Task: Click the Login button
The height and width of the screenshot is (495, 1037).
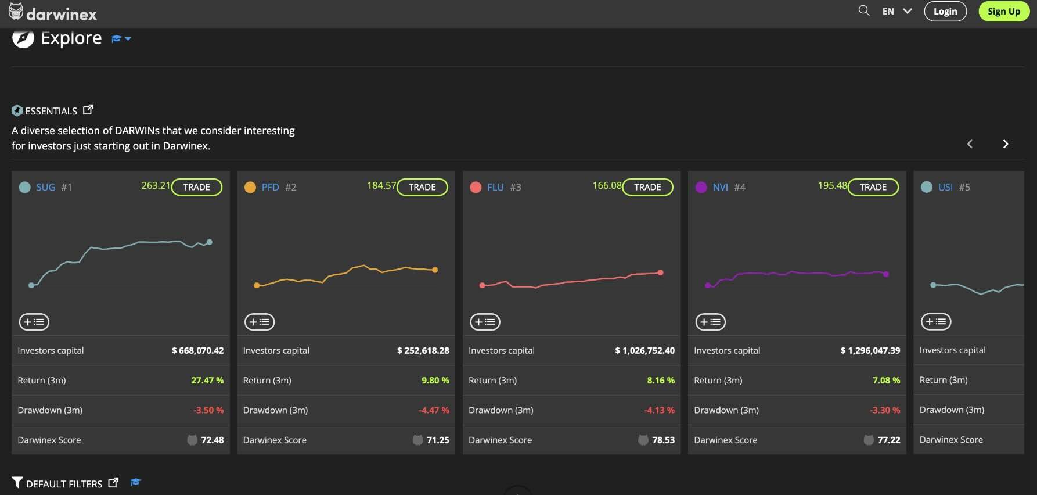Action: (x=945, y=11)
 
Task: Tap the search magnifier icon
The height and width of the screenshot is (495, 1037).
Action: (x=864, y=10)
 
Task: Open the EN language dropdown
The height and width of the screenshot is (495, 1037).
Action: (x=896, y=11)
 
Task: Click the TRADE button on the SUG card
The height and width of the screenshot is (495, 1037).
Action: (x=197, y=187)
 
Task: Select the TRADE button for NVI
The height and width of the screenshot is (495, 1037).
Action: (x=873, y=187)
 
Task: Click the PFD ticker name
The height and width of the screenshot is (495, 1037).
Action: (x=270, y=187)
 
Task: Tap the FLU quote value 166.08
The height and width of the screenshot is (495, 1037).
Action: (x=606, y=185)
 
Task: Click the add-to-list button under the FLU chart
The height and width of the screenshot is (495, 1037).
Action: (x=485, y=322)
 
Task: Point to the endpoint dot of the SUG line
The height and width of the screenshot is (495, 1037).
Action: (x=210, y=242)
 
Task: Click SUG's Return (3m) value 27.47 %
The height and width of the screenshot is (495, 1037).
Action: (x=207, y=381)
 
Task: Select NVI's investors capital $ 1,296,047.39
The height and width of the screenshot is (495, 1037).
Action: (x=870, y=350)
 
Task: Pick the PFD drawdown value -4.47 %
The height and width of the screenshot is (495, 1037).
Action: (x=434, y=410)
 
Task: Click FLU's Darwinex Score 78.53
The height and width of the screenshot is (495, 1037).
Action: (x=663, y=440)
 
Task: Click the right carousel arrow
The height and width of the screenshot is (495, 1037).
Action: (x=1006, y=144)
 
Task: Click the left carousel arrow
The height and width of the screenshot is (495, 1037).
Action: (x=970, y=144)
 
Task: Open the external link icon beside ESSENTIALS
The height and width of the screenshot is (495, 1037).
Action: (x=88, y=110)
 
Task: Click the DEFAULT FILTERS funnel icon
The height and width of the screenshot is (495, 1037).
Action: (x=17, y=483)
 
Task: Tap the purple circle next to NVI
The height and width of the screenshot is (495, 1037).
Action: (x=701, y=187)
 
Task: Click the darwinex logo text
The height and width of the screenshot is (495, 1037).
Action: (x=61, y=14)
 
